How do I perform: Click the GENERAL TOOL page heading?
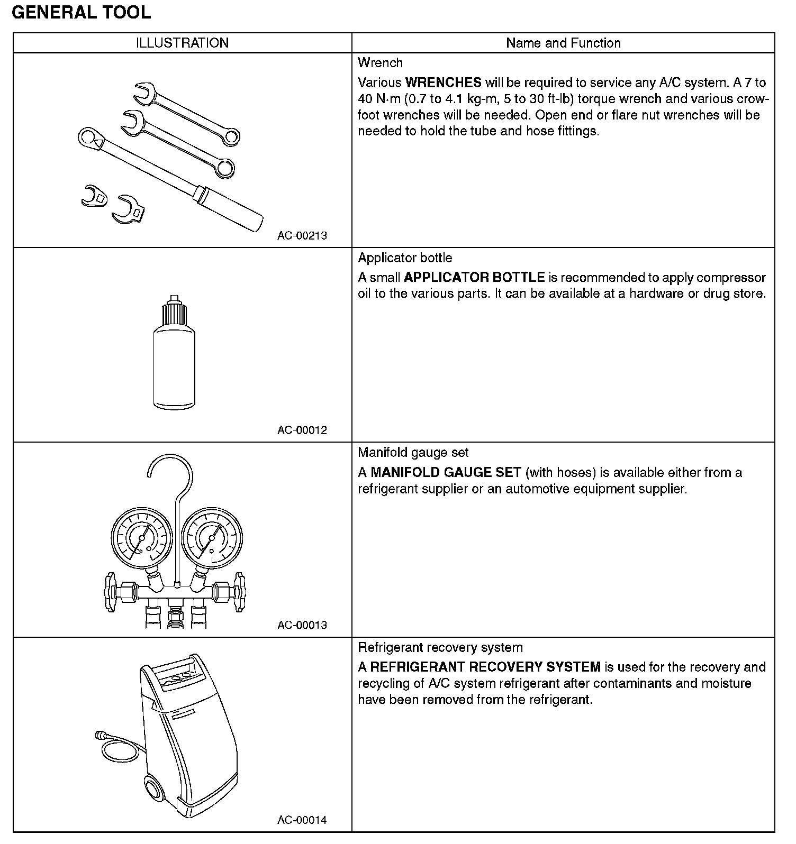click(x=81, y=12)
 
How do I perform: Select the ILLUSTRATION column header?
click(x=183, y=43)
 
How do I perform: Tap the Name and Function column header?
click(x=563, y=43)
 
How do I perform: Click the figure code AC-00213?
click(x=302, y=236)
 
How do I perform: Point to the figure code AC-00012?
click(x=302, y=430)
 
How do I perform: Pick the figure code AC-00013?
click(x=302, y=625)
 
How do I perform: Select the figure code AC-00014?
click(x=302, y=820)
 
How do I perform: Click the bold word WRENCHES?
click(x=443, y=83)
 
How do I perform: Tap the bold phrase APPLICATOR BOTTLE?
click(x=474, y=278)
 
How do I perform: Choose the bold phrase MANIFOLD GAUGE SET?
click(x=446, y=473)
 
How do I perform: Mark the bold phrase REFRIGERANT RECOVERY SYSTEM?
click(x=485, y=667)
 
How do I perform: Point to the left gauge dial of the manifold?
click(x=141, y=538)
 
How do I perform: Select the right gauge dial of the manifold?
click(x=212, y=538)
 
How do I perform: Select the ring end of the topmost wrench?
click(x=231, y=136)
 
